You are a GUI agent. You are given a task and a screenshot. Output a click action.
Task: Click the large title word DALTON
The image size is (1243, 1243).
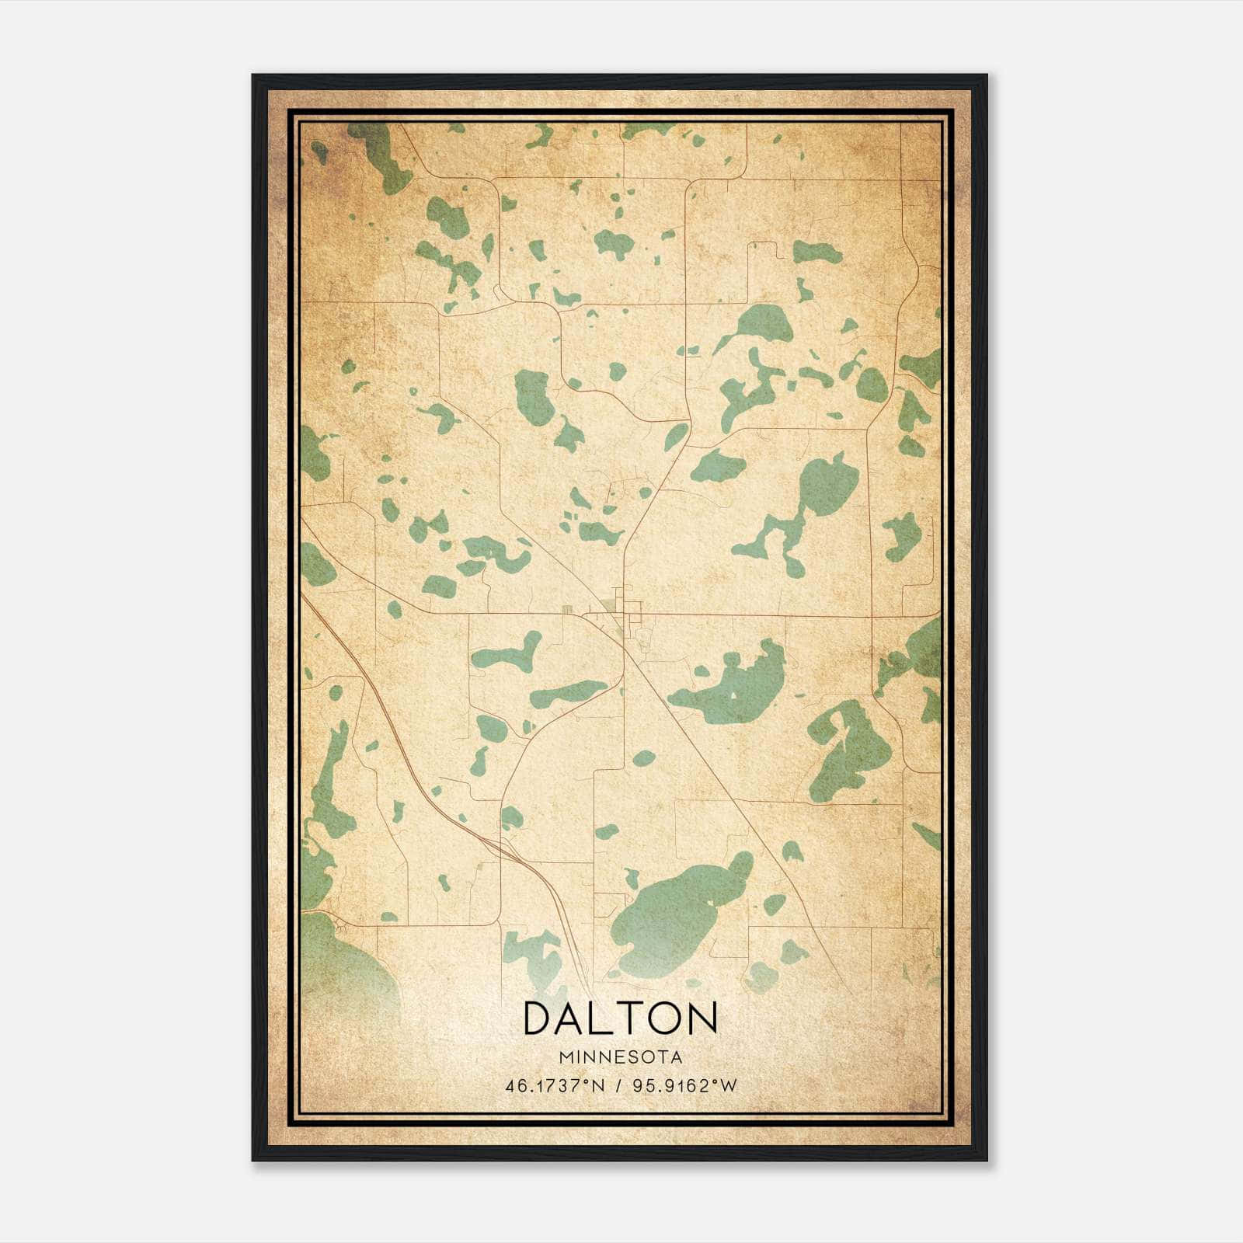[620, 1017]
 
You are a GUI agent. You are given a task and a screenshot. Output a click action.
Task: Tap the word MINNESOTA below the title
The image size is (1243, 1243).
[620, 1057]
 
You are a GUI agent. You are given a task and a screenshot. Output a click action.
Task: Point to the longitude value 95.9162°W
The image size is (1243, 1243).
[684, 1086]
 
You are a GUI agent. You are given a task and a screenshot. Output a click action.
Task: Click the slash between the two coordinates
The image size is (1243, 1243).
[619, 1086]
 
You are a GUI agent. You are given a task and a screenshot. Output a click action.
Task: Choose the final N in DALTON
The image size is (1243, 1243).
[702, 1017]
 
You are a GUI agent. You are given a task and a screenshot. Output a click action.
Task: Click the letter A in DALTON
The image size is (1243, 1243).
[573, 1017]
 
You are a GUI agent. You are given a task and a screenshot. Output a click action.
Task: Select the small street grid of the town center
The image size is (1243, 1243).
[621, 614]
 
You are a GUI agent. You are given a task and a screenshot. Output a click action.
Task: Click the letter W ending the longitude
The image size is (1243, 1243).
[728, 1086]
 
